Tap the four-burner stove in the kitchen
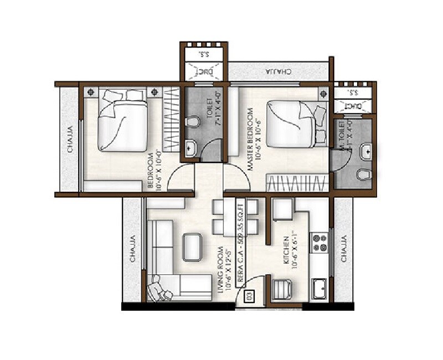(320, 243)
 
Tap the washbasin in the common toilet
(190, 147)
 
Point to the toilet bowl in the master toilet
(363, 175)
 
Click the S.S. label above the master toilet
(353, 91)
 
